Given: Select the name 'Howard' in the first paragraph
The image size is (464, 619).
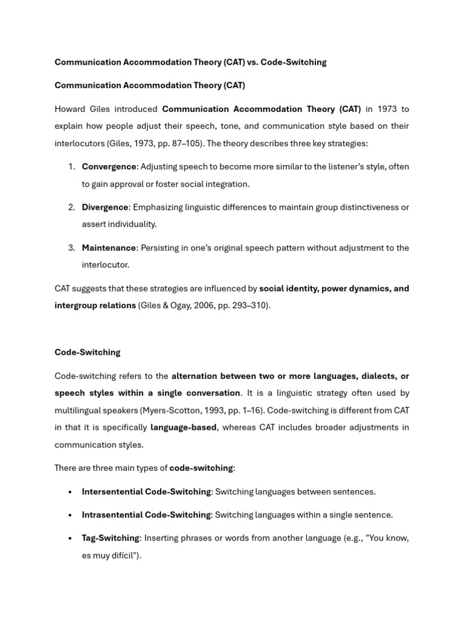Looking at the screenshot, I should click(70, 109).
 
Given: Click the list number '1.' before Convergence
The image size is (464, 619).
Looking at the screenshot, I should click(71, 166).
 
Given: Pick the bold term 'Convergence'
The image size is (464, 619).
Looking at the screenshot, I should click(109, 166).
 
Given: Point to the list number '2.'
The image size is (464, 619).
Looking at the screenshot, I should click(71, 207).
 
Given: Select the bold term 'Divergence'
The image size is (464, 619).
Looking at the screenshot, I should click(105, 207).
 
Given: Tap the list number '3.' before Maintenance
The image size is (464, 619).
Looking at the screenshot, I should click(71, 247).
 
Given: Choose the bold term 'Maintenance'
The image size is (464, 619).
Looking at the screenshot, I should click(109, 247).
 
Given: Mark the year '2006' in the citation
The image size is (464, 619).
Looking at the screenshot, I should click(204, 305).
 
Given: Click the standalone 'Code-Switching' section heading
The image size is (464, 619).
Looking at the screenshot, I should click(88, 352).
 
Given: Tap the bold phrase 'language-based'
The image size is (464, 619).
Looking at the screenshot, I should click(183, 427).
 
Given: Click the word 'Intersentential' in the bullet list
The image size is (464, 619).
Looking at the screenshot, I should click(112, 491).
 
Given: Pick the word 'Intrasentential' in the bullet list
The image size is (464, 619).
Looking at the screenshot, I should click(112, 514).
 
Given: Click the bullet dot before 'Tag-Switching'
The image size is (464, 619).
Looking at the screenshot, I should click(71, 538).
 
